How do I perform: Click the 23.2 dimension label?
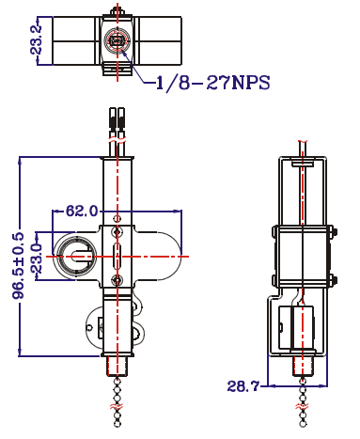(37, 40)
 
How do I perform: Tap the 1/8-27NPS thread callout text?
(212, 83)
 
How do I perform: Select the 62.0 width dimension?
(82, 211)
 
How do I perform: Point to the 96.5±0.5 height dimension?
(19, 265)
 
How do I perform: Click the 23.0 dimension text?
(37, 259)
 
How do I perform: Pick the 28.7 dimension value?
(243, 386)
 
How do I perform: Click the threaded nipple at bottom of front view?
(117, 366)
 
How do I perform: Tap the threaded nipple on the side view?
(303, 366)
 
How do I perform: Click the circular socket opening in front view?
(75, 256)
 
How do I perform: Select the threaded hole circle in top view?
(117, 40)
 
